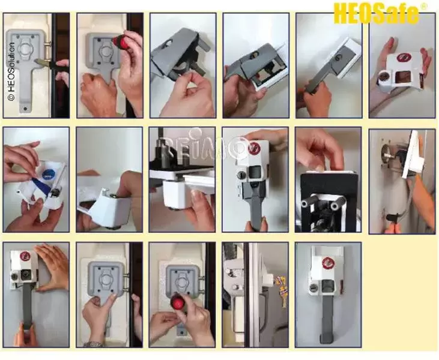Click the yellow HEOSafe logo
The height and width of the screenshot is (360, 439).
376,13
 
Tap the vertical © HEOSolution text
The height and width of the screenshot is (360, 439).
11,71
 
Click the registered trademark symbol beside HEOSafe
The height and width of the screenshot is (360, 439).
424,6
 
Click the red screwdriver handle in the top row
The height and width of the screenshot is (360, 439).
120,43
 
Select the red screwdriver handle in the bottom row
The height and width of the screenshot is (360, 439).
178,302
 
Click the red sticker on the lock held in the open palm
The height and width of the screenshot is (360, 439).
404,58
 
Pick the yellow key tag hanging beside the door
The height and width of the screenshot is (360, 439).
282,290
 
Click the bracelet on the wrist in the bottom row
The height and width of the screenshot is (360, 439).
94,344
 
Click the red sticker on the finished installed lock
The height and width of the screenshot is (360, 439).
327,263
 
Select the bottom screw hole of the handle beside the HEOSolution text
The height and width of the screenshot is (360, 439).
26,109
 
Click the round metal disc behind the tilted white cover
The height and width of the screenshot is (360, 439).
386,153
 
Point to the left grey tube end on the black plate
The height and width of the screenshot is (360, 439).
307,203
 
